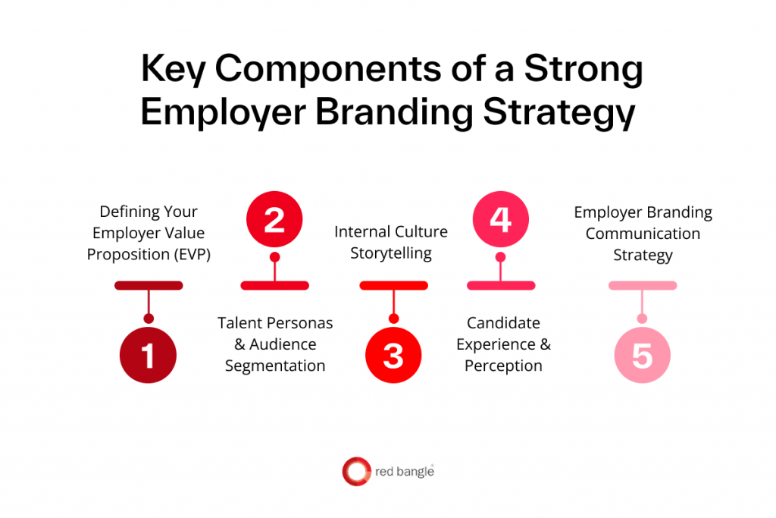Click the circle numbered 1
coord(149,355)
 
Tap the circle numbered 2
coord(274,220)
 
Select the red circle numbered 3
coord(393,355)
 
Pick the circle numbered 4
coord(500,220)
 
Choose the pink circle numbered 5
coord(642,355)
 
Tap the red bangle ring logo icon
coord(356,472)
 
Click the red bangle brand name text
coord(405,472)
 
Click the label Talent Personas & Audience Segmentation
coord(275,344)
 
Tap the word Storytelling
coord(391,253)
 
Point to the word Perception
coord(503,366)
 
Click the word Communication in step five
coord(643,234)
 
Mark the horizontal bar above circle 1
coord(149,285)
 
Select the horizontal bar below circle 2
coord(274,285)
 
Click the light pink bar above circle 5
coord(643,285)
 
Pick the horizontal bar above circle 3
coord(393,285)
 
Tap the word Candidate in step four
coord(503,323)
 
